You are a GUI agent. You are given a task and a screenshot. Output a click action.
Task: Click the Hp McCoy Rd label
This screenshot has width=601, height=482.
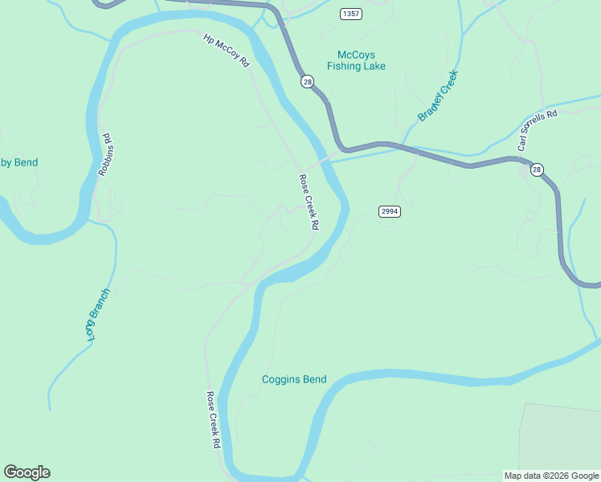pos(227,50)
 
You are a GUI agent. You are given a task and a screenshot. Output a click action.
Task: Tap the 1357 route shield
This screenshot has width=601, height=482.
pos(350,14)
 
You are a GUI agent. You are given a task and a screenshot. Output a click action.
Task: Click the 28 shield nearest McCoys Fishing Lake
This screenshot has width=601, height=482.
pos(307,81)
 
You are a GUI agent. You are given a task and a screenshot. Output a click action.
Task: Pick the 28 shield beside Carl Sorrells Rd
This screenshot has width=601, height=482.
pos(537,170)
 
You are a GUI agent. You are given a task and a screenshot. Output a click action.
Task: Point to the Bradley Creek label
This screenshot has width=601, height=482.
pos(437,97)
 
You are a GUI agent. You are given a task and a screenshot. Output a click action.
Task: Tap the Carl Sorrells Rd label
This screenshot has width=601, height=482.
pos(538,131)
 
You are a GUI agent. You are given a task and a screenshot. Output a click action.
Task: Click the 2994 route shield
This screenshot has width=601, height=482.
pos(390,211)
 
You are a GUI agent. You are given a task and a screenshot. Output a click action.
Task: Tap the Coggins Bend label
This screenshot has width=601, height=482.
pos(294,379)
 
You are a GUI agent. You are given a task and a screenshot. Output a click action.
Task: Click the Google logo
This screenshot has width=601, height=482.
pos(27,472)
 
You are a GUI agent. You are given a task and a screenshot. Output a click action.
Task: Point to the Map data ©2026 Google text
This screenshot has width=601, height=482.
pos(551,476)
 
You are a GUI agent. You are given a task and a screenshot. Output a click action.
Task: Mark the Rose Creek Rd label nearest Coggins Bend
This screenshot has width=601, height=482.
pos(214,419)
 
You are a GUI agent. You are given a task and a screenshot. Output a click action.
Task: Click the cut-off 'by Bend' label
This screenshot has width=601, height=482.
pos(18,162)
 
